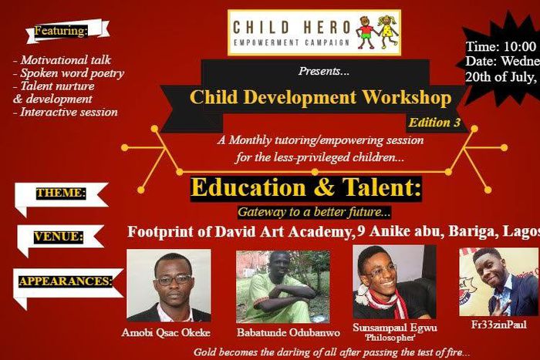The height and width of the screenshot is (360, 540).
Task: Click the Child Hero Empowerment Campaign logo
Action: pyautogui.click(x=314, y=32)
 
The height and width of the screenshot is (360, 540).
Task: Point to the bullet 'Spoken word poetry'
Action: pyautogui.click(x=69, y=73)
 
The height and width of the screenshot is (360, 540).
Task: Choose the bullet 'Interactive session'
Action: pyautogui.click(x=66, y=113)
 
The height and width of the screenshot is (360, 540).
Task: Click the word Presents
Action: pyautogui.click(x=324, y=72)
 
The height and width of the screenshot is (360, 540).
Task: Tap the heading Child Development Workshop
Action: pyautogui.click(x=319, y=98)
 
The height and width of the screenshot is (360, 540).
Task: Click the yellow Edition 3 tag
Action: pyautogui.click(x=434, y=123)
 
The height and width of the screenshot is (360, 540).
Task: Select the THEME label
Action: pyautogui.click(x=61, y=193)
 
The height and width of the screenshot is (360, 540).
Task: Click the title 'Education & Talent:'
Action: pyautogui.click(x=306, y=188)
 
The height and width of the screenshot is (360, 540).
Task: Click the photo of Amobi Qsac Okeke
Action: pyautogui.click(x=168, y=285)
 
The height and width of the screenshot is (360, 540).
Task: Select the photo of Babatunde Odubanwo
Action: pyautogui.click(x=282, y=286)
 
